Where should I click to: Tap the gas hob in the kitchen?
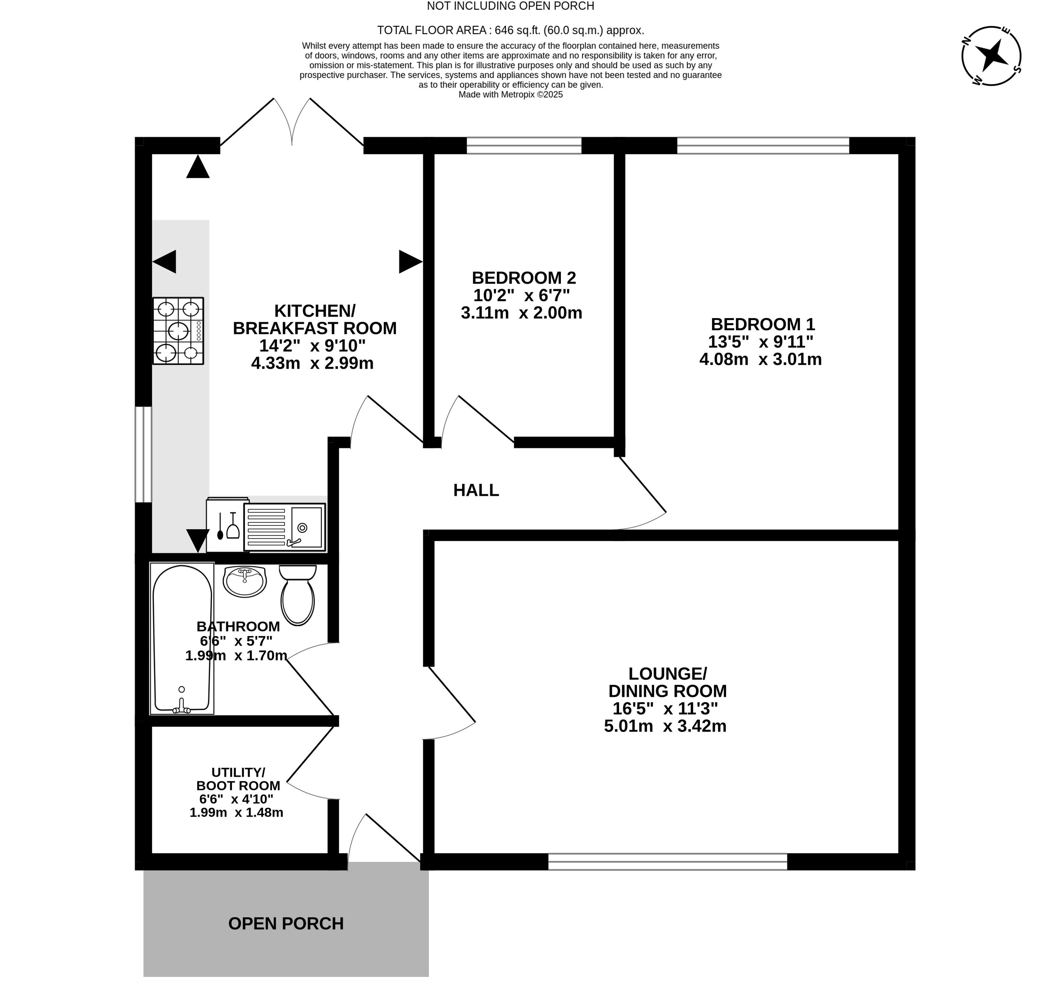coord(178,331)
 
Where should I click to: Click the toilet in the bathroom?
coord(298,595)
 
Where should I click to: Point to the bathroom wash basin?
coord(244,582)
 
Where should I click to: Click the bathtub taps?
coord(182,705)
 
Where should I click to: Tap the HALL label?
coord(476,490)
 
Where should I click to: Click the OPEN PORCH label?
coord(286,923)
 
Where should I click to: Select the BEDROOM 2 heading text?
coord(524,277)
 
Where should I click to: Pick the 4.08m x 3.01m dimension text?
coord(760,359)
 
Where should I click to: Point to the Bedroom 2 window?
coord(524,145)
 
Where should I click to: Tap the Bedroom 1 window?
coord(763,145)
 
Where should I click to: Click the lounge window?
coord(668,861)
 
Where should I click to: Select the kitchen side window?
coord(143,454)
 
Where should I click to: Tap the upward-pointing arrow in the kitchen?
coord(198,166)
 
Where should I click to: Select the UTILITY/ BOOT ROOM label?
coord(238,779)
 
